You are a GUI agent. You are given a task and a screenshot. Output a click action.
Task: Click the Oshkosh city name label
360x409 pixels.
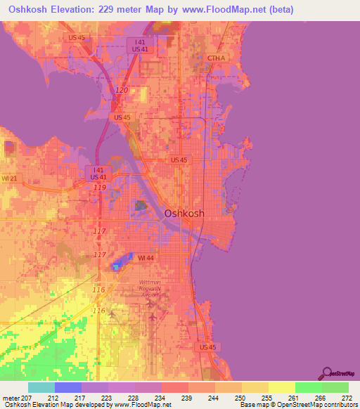click(184, 213)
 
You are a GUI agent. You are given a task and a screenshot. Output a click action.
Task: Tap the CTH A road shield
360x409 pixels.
click(216, 58)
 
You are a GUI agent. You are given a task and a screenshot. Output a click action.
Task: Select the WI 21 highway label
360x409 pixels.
click(8, 179)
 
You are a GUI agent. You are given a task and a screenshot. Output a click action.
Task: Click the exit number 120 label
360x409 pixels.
click(122, 91)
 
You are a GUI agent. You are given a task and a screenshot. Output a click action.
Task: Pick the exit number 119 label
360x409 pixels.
click(99, 188)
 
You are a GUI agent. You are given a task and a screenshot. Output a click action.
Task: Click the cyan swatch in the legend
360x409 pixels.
click(41, 387)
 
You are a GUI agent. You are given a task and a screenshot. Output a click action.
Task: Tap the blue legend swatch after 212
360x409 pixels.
click(68, 387)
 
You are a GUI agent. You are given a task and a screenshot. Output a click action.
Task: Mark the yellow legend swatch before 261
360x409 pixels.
click(281, 387)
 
